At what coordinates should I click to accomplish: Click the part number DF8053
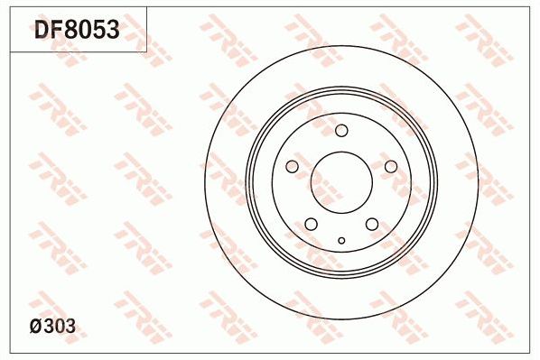tap(76, 32)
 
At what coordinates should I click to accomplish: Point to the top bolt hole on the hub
tap(341, 132)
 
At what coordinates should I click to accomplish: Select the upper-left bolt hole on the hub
tap(291, 167)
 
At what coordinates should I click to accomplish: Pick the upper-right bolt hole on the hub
tap(391, 167)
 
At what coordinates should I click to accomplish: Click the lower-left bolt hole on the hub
tap(311, 225)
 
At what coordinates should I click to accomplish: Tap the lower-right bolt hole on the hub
tap(372, 225)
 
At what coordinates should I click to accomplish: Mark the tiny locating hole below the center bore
tap(341, 240)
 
